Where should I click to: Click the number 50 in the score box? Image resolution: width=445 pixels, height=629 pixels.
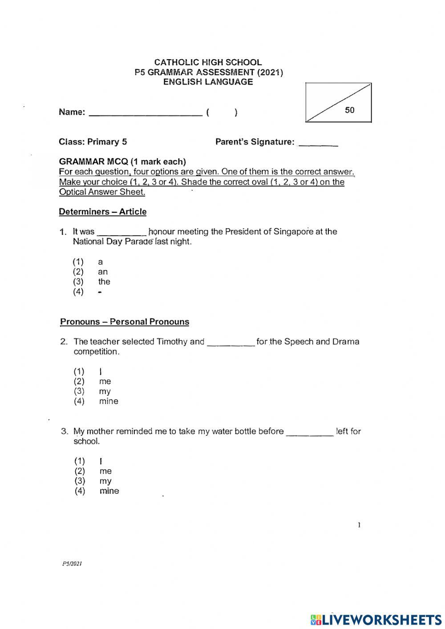[x=350, y=110]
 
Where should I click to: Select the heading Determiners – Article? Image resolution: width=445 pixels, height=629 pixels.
[x=103, y=212]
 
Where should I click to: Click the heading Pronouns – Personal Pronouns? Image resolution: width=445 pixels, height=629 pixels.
[x=125, y=322]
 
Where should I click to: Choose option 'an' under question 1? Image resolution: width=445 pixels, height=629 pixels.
[x=103, y=272]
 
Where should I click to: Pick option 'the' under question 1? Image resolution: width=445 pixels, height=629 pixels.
[x=104, y=282]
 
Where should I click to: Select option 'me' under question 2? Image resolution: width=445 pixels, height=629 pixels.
[x=105, y=381]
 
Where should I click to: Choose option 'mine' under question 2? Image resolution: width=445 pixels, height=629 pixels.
[x=109, y=401]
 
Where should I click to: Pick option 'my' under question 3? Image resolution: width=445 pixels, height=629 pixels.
[x=105, y=481]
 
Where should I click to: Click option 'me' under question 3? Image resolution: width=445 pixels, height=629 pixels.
[x=105, y=471]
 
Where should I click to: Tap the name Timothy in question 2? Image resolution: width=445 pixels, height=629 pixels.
[x=172, y=342]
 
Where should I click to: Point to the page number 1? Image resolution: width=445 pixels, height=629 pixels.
[x=359, y=525]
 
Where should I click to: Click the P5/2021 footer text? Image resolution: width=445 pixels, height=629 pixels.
[x=72, y=564]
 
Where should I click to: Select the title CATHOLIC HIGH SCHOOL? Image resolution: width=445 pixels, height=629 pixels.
[x=208, y=62]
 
